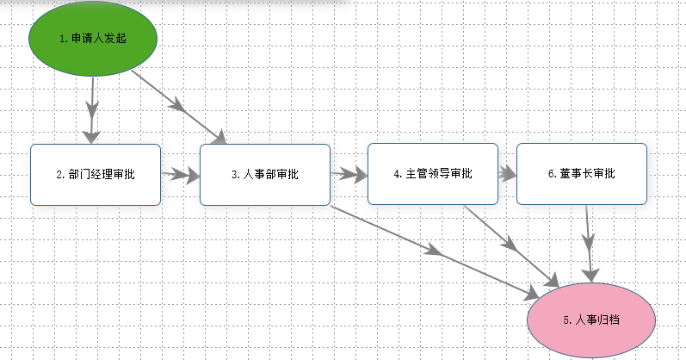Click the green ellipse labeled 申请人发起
click(93, 39)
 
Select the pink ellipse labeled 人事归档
click(591, 320)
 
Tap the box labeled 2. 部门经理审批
click(96, 174)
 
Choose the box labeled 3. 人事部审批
click(265, 174)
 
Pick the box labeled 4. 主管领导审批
click(433, 174)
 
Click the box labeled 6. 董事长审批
click(582, 174)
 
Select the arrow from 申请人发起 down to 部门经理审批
click(92, 110)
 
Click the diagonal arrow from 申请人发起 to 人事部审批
click(179, 107)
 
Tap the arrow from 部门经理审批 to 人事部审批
click(180, 175)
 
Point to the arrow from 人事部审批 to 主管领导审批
click(349, 174)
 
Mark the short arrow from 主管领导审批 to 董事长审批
click(507, 174)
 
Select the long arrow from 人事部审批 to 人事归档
click(435, 252)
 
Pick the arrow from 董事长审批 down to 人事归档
click(589, 244)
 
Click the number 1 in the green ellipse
click(63, 39)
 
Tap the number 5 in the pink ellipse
click(566, 320)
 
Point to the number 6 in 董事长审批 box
click(551, 174)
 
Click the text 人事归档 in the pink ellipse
click(597, 320)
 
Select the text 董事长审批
click(587, 173)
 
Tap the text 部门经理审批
click(102, 174)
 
